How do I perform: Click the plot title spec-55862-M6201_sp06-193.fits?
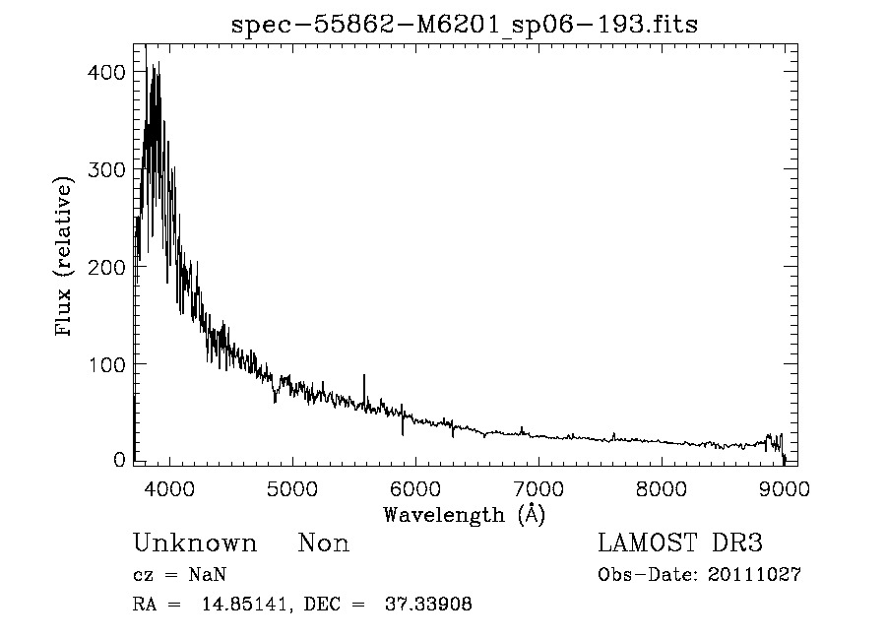tap(464, 25)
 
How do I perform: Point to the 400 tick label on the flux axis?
tap(105, 73)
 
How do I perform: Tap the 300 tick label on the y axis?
tap(105, 169)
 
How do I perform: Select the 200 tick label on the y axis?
tap(105, 267)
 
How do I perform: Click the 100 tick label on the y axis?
tap(105, 364)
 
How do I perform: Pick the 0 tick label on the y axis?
tap(119, 460)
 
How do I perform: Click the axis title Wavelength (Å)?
tap(464, 514)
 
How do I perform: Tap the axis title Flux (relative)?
tap(66, 258)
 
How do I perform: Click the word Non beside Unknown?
tap(323, 543)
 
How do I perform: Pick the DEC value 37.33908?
tap(431, 605)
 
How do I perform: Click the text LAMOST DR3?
tap(680, 543)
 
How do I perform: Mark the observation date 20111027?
tap(754, 575)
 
